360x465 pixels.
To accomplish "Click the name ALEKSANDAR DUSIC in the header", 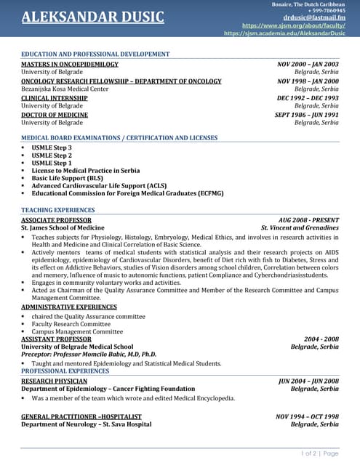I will [x=93, y=17].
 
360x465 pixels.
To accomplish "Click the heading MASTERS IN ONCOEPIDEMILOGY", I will [x=70, y=64].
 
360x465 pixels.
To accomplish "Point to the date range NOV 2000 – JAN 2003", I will [x=308, y=64].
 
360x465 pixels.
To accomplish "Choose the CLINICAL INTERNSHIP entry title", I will [x=55, y=97].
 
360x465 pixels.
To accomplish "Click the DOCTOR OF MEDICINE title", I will [x=55, y=115].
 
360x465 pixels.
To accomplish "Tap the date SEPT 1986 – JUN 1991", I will [x=306, y=115].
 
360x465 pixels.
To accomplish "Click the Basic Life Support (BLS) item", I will [x=67, y=178].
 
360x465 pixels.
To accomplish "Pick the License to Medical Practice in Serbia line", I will [x=85, y=170].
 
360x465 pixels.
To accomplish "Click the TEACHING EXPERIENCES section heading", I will [x=58, y=210].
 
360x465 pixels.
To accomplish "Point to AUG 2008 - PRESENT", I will [x=308, y=219].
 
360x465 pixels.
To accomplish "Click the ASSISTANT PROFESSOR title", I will [x=56, y=339].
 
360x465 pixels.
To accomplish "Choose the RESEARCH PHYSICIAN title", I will [x=55, y=381].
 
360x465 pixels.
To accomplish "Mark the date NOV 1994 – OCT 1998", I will [x=307, y=416].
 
